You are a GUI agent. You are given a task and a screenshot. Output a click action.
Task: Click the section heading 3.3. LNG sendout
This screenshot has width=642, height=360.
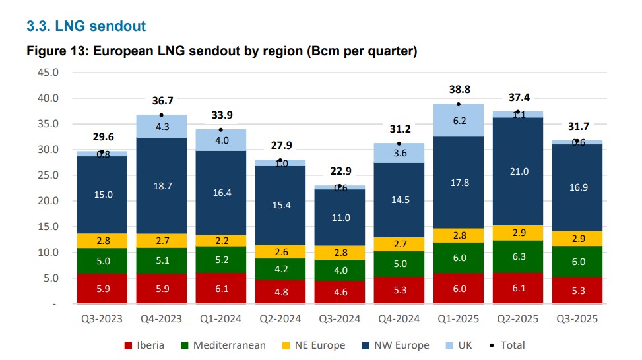(86, 26)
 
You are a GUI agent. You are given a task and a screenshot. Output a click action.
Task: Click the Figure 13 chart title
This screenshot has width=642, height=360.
(221, 51)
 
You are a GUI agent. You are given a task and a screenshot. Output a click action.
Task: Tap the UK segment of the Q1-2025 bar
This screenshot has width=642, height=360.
(458, 121)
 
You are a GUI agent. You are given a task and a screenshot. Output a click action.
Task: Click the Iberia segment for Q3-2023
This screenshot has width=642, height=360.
(102, 289)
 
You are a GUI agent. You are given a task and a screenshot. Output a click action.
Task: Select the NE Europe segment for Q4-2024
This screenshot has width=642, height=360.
(399, 245)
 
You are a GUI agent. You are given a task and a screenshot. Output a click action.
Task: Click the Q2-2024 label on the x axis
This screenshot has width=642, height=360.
(280, 319)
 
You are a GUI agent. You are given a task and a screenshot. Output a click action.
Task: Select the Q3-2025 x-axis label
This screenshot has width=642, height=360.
(577, 319)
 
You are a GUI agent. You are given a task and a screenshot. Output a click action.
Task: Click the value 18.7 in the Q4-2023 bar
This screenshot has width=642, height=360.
(161, 187)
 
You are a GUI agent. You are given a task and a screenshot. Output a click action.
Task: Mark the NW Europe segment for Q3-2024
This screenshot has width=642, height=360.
(339, 217)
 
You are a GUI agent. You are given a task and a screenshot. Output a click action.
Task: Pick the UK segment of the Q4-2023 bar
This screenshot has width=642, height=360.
(161, 127)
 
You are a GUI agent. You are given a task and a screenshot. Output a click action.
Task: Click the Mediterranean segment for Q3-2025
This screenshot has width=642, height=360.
(577, 261)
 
